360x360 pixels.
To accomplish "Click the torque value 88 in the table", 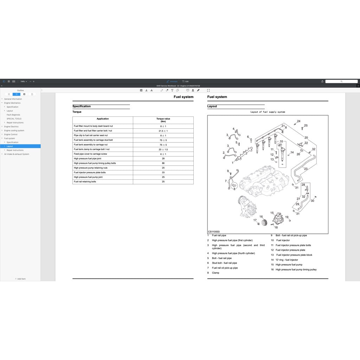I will click(x=163, y=163).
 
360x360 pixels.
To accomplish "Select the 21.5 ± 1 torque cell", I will click(x=163, y=131).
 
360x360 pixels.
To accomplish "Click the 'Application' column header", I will click(x=103, y=119).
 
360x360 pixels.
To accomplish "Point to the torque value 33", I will click(x=163, y=173).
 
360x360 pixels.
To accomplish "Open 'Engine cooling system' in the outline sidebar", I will click(x=14, y=130).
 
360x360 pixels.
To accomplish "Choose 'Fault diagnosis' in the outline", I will click(x=13, y=115).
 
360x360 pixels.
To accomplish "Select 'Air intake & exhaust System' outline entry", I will click(x=17, y=154).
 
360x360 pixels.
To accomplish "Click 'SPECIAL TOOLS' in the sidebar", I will click(x=14, y=119).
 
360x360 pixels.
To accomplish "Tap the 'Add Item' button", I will click(x=20, y=279).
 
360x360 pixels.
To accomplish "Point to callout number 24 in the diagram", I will click(x=299, y=121).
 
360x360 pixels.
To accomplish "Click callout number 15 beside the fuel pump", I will click(x=272, y=213).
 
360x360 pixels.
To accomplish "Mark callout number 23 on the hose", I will click(x=306, y=169).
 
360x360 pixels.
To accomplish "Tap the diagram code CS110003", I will click(x=213, y=232).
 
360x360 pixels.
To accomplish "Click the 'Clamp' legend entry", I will click(x=216, y=273).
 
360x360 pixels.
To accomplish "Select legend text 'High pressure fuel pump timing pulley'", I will click(x=296, y=270).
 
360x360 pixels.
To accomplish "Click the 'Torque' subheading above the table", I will click(x=77, y=112).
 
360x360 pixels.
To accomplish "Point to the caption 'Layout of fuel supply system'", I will click(x=268, y=112).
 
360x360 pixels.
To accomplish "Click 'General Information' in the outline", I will click(x=13, y=99).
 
